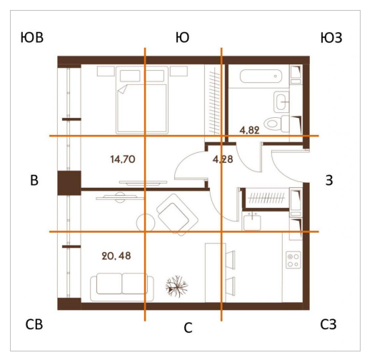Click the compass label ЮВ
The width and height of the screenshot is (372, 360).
pos(32,38)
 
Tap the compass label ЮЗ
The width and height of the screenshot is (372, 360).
pos(331,38)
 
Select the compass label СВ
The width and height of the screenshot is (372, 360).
pos(34,324)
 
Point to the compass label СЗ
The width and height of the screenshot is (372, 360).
pos(328,324)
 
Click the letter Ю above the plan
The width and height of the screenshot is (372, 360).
pos(183,38)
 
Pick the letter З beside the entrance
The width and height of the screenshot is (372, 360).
pos(329,180)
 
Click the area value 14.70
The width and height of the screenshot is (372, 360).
pos(123,159)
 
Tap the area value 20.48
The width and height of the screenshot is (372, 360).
pos(116,256)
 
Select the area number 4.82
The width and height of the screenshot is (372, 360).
pos(249,130)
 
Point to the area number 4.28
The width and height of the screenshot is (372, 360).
pos(223,159)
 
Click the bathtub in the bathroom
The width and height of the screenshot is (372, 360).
pos(261,76)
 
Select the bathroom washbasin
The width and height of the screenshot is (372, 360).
pos(281,102)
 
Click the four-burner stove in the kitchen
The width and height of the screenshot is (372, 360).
pos(293,260)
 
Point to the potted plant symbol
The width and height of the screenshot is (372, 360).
pos(176,286)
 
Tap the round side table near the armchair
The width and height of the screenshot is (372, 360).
pos(146,223)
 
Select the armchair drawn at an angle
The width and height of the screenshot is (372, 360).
pos(177,215)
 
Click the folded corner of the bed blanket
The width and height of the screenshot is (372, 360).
pos(122,89)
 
